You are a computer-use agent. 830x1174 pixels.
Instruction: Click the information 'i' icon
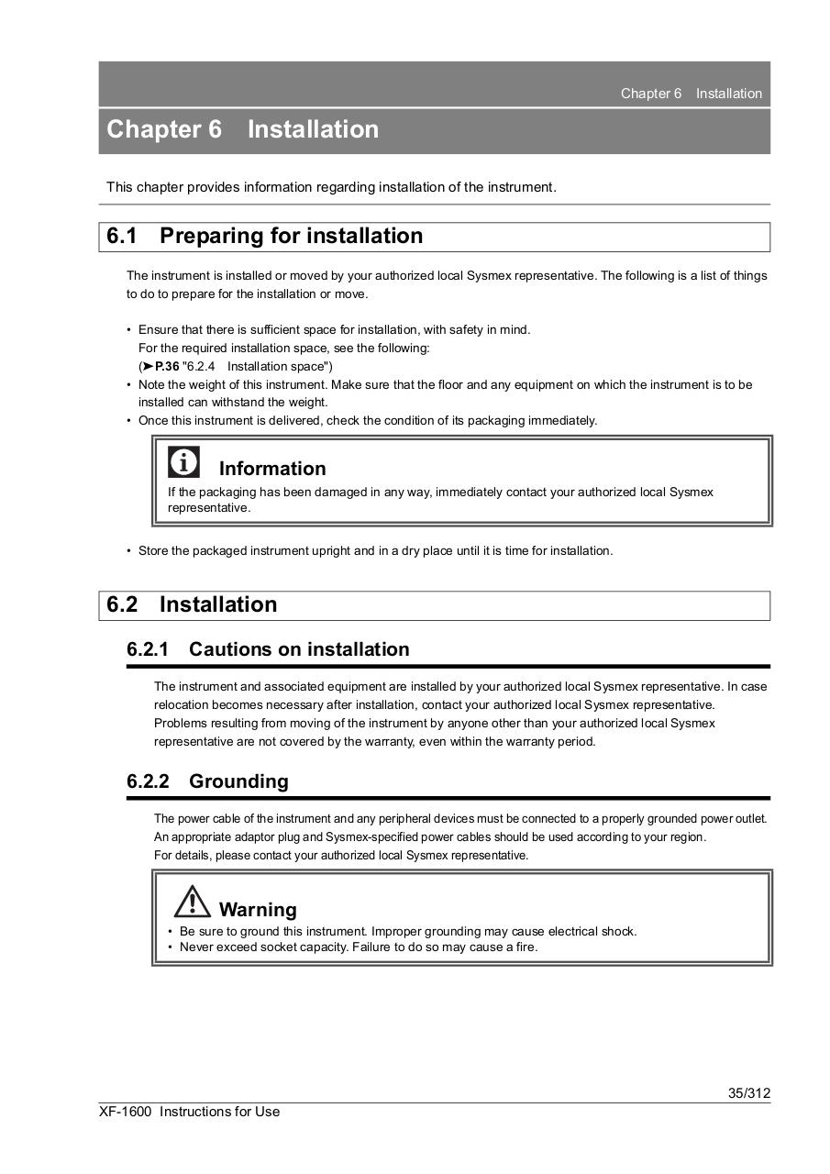point(183,462)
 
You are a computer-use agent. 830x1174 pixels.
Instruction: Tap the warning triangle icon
point(193,902)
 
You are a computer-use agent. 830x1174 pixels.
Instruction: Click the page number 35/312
point(748,1092)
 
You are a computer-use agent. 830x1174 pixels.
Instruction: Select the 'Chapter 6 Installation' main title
point(243,129)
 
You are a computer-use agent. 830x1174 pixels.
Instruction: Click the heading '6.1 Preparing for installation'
point(264,236)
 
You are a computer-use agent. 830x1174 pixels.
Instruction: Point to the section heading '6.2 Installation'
point(192,604)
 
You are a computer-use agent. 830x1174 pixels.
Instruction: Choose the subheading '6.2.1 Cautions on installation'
point(268,649)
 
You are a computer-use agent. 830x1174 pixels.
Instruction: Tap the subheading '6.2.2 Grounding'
point(207,781)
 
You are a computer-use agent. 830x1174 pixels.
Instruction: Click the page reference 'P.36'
point(167,366)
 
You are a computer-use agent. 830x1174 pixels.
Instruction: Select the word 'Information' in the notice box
point(272,469)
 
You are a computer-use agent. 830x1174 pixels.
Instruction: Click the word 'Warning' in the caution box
point(258,910)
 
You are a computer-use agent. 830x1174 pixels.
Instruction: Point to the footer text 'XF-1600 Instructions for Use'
point(190,1112)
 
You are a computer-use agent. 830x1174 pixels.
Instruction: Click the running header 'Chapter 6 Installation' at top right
point(691,94)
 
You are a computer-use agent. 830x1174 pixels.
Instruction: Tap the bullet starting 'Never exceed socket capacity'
point(358,947)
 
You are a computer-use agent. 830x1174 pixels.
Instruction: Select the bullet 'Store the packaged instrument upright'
point(375,550)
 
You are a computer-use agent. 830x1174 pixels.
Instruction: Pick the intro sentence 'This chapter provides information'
point(331,187)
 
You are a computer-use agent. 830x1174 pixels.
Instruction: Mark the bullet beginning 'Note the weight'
point(445,385)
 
